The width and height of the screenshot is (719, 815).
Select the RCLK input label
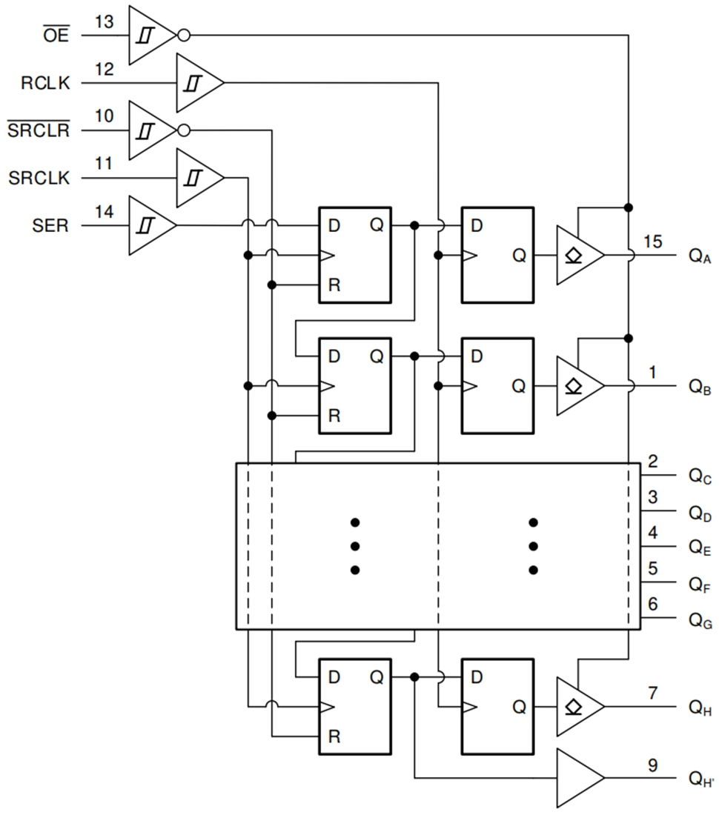(x=45, y=83)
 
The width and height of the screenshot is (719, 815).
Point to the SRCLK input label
(x=39, y=179)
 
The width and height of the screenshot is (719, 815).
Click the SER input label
(x=50, y=226)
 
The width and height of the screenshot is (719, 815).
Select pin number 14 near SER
(x=105, y=212)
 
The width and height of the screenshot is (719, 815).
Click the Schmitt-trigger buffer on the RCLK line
(x=196, y=82)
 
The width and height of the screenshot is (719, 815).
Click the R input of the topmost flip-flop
(x=334, y=285)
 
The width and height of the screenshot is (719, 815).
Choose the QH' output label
(x=700, y=779)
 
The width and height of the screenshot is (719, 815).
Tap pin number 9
(x=652, y=765)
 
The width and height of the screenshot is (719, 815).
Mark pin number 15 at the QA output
(x=652, y=242)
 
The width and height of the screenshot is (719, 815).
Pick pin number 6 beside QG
(x=652, y=604)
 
